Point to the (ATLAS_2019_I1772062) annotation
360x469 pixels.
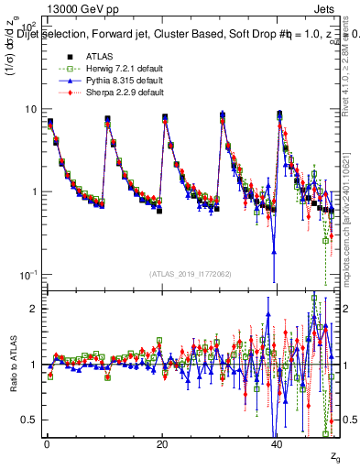pyautogui.click(x=191, y=274)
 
